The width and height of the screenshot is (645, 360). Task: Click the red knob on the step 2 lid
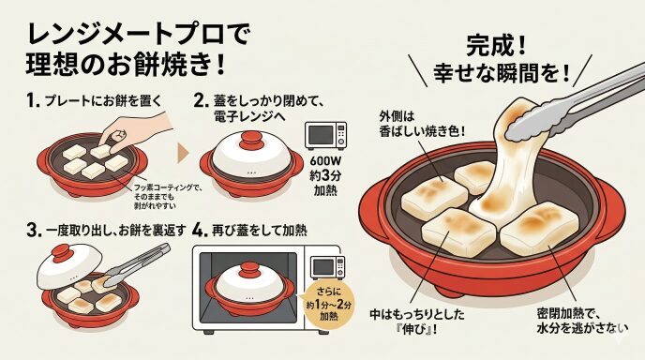(x=251, y=140)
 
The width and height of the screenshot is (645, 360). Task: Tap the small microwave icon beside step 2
(x=325, y=135)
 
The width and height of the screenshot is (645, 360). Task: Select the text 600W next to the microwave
(x=325, y=161)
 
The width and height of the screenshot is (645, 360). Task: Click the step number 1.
(x=33, y=100)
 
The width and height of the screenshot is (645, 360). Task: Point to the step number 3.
(x=34, y=230)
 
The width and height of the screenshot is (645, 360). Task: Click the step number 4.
(x=200, y=230)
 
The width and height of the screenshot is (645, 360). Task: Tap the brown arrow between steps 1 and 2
(x=183, y=153)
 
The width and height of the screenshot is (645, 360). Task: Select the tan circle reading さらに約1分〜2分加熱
(x=328, y=304)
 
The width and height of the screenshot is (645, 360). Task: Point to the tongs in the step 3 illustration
(x=136, y=264)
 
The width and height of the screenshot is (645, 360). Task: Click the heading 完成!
(x=496, y=46)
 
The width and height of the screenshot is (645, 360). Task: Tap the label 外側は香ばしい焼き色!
(x=422, y=124)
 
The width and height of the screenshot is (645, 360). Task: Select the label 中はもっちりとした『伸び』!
(x=417, y=322)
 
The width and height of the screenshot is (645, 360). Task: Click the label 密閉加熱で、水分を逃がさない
(x=582, y=321)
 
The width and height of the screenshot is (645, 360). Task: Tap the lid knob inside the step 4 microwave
(x=248, y=269)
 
